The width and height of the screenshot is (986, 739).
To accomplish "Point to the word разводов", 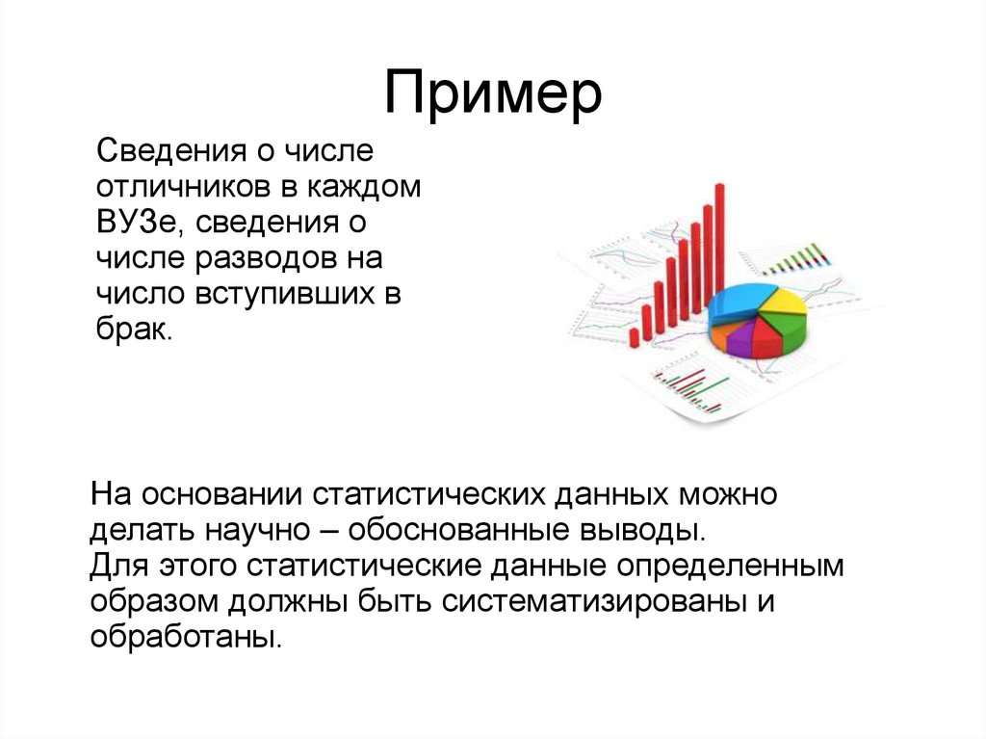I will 278,259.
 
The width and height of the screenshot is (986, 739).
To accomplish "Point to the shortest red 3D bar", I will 635,336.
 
